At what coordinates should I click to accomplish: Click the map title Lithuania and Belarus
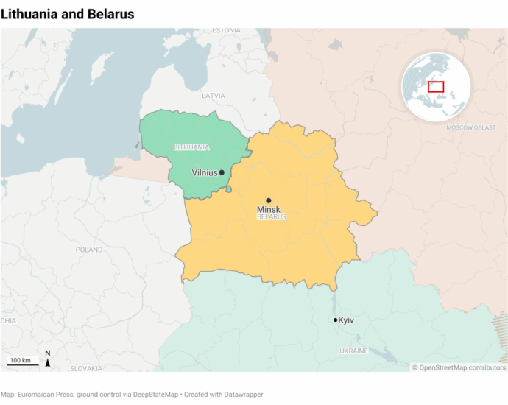(x=67, y=14)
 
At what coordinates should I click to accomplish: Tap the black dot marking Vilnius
(x=222, y=172)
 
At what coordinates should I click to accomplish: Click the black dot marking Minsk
(x=269, y=200)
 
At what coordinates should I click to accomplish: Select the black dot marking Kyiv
(x=336, y=320)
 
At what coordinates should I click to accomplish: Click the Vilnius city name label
(x=204, y=172)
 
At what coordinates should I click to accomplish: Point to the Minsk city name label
(x=269, y=210)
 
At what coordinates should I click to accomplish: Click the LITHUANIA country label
(x=191, y=147)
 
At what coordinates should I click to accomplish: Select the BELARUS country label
(x=272, y=217)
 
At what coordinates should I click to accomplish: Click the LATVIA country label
(x=214, y=96)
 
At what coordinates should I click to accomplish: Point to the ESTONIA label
(x=226, y=30)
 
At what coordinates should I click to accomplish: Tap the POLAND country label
(x=89, y=250)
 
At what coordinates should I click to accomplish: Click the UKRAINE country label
(x=353, y=351)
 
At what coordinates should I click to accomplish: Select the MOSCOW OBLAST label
(x=471, y=128)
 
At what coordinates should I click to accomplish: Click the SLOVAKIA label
(x=86, y=367)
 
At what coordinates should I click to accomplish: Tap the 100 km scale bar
(x=24, y=362)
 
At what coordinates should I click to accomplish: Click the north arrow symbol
(x=48, y=359)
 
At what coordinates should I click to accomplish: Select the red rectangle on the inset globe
(x=436, y=87)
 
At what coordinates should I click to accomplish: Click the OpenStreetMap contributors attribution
(x=459, y=367)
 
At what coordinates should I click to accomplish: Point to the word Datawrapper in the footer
(x=242, y=395)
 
